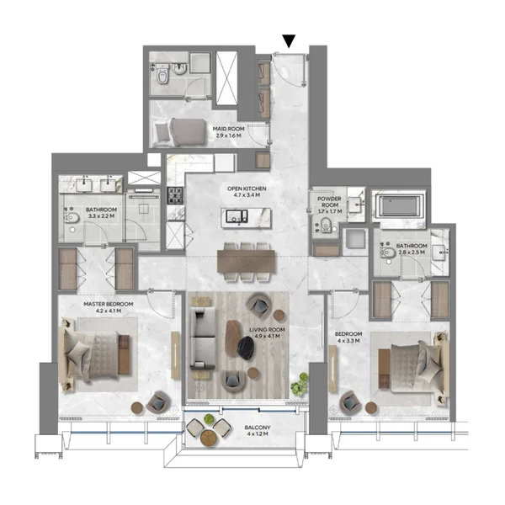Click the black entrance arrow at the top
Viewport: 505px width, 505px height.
click(x=290, y=40)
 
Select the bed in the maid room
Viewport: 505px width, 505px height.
click(x=180, y=132)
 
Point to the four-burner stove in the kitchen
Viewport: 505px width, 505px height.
click(x=176, y=196)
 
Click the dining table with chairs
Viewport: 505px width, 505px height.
click(x=246, y=261)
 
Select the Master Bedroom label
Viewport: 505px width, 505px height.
click(x=104, y=306)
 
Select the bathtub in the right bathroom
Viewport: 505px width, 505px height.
click(x=401, y=207)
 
